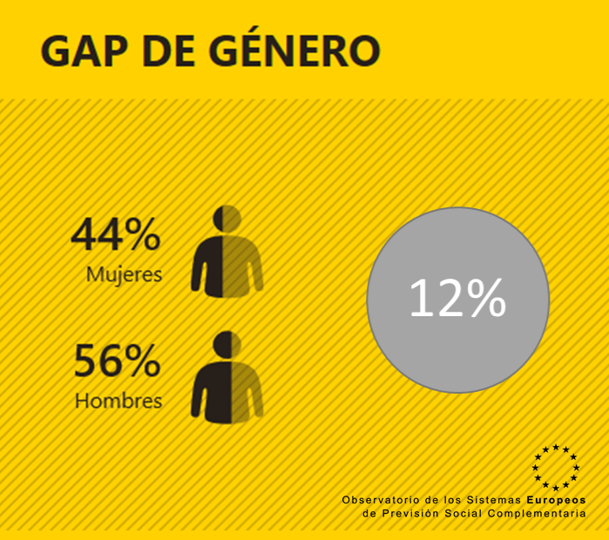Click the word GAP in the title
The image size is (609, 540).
tap(82, 51)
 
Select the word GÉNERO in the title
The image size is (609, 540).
tap(296, 51)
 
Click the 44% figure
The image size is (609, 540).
tap(116, 234)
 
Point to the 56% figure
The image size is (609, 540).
tap(117, 361)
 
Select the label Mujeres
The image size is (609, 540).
tap(125, 274)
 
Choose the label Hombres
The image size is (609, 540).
tap(118, 402)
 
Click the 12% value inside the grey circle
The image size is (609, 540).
tap(457, 300)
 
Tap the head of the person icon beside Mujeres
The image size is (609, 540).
tap(227, 218)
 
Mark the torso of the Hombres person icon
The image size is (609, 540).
tap(227, 392)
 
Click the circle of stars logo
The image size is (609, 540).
tap(555, 468)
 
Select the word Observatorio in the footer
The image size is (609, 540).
tap(382, 500)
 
